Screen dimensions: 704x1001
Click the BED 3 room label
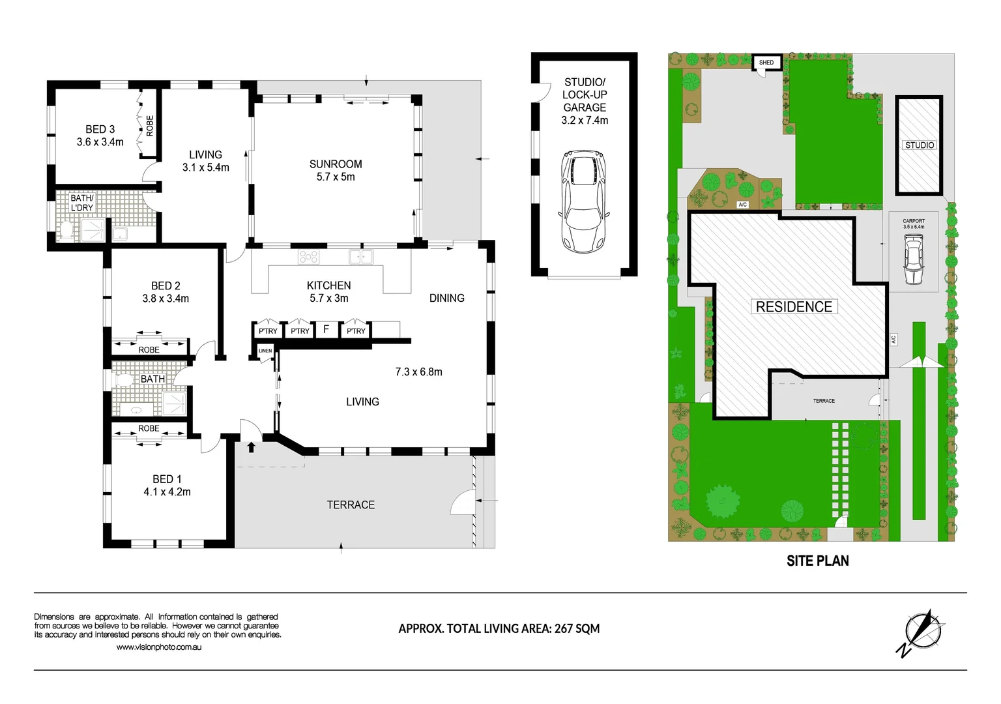point(100,129)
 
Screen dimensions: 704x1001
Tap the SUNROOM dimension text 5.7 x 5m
point(336,177)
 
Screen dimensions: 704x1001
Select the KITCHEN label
point(328,286)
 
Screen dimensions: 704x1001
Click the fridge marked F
point(326,330)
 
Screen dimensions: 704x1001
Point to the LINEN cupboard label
point(265,351)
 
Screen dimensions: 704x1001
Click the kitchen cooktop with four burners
point(308,257)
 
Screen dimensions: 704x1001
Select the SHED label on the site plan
point(766,63)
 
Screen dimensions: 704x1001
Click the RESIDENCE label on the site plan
point(794,307)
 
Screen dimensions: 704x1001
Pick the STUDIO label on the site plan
point(920,145)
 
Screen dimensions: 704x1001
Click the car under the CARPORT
point(914,260)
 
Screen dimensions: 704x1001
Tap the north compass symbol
point(922,632)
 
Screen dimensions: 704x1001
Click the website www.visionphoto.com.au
point(159,647)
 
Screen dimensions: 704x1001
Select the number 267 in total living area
point(563,629)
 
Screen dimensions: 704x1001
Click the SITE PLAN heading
point(817,561)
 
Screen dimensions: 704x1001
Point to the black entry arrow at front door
point(252,447)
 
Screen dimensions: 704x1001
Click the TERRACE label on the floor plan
point(351,505)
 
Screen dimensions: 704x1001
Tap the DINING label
point(446,298)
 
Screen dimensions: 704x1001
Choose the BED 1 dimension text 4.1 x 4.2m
point(167,492)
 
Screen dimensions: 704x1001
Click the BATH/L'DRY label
point(82,203)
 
